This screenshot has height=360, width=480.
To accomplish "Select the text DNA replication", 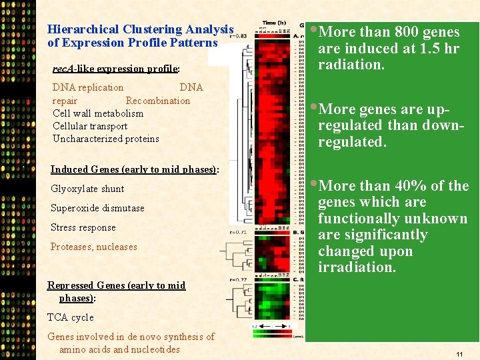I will tap(88, 87).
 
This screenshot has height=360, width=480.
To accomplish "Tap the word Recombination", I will tap(158, 101).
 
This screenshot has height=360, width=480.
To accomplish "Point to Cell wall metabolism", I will tap(97, 113).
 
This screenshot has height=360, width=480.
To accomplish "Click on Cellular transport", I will tap(90, 126).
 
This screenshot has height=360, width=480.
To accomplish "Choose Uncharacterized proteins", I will tap(105, 139).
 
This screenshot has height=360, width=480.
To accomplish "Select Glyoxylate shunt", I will tap(87, 189).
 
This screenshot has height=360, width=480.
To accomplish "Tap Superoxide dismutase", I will tap(97, 208).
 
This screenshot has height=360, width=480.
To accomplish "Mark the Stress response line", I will tap(83, 227).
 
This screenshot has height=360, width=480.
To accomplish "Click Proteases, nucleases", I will tap(94, 247).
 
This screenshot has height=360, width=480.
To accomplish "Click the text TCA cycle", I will tap(71, 317).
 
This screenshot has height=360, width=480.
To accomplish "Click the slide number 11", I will tap(459, 354).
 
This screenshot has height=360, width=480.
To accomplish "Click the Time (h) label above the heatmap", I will tap(274, 23).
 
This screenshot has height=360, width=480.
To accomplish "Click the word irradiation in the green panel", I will tap(357, 267).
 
